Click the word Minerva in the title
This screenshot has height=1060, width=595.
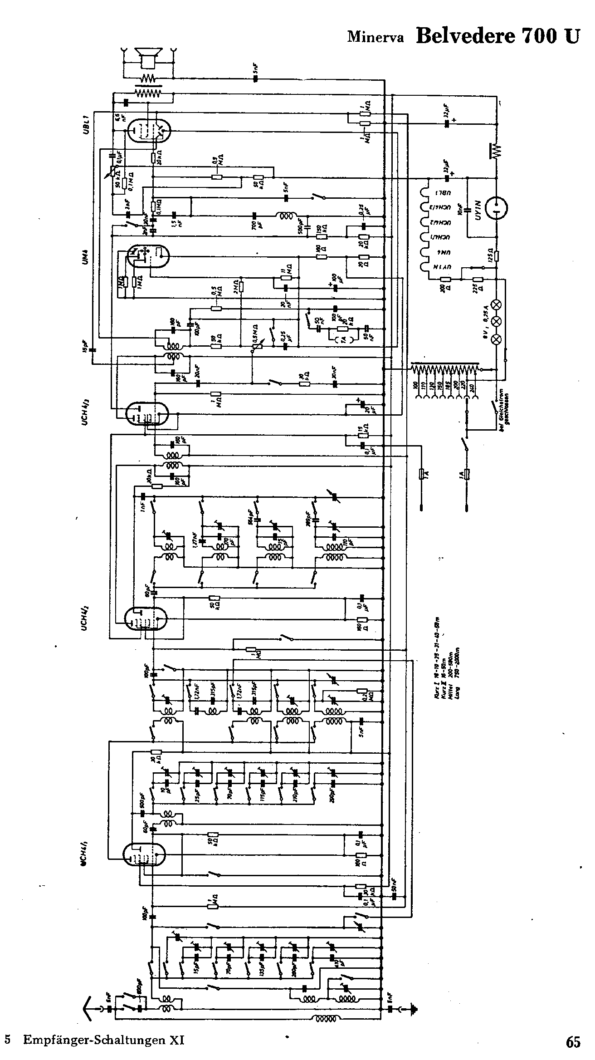pyautogui.click(x=375, y=37)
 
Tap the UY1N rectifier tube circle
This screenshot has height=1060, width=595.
pyautogui.click(x=496, y=208)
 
